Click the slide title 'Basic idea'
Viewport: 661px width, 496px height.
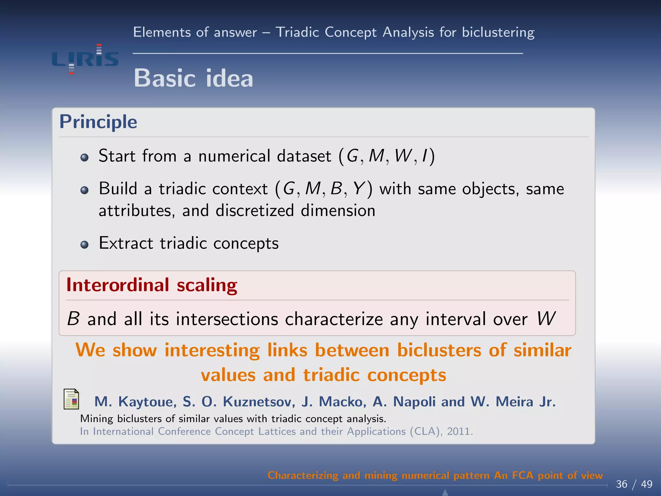[x=193, y=78]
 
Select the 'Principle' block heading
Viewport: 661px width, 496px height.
[x=98, y=122]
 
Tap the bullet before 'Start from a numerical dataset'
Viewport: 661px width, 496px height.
[x=85, y=158]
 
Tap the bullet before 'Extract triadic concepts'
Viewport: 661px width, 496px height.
[x=85, y=245]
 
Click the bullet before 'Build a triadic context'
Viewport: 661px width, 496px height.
[x=85, y=190]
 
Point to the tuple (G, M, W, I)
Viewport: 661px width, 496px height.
[x=387, y=156]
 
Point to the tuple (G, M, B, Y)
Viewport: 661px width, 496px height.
[x=324, y=189]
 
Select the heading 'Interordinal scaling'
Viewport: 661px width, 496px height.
[x=152, y=285]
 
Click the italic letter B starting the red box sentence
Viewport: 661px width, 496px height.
[x=73, y=319]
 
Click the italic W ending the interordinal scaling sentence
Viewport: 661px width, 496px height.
[x=546, y=319]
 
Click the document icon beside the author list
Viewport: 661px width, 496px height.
[x=71, y=399]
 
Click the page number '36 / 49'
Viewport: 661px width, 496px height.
[x=634, y=484]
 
